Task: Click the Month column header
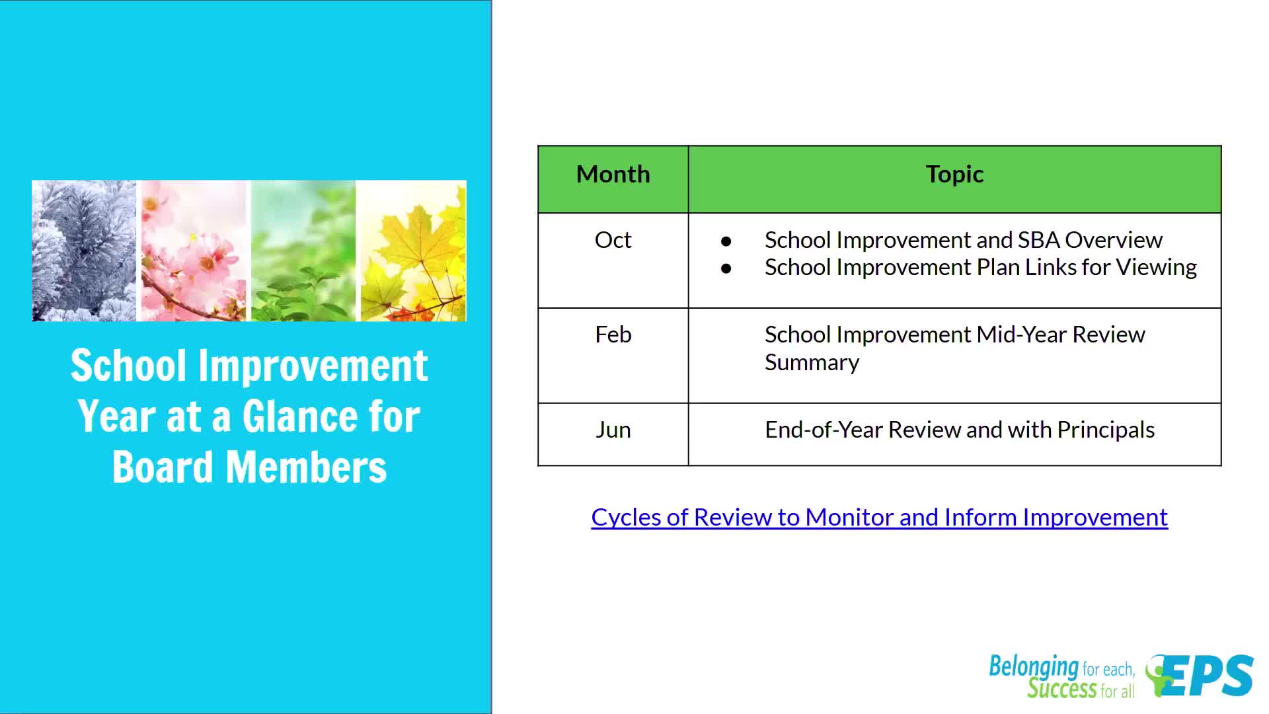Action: tap(613, 174)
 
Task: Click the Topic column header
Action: tap(954, 174)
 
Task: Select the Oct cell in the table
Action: tap(613, 239)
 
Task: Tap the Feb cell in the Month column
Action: tap(613, 335)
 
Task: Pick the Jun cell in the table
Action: tap(613, 430)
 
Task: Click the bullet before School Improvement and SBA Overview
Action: tap(726, 241)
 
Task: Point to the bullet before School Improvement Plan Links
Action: tap(726, 268)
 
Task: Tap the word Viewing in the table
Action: tap(1157, 267)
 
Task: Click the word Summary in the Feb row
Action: tap(812, 362)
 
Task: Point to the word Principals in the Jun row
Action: tap(1106, 430)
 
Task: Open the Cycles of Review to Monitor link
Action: tap(879, 517)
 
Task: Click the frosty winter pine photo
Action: tap(84, 251)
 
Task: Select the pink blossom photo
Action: tap(194, 251)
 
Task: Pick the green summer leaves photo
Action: tap(303, 251)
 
